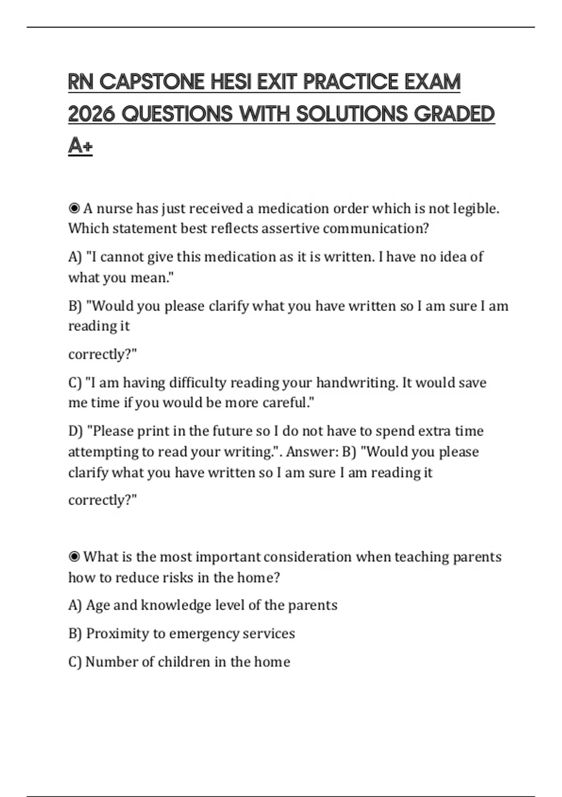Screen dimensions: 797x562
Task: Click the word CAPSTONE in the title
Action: tap(152, 82)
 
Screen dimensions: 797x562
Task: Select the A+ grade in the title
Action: tap(80, 145)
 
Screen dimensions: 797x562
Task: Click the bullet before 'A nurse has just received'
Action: tap(74, 208)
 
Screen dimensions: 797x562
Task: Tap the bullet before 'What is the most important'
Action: tap(74, 556)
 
